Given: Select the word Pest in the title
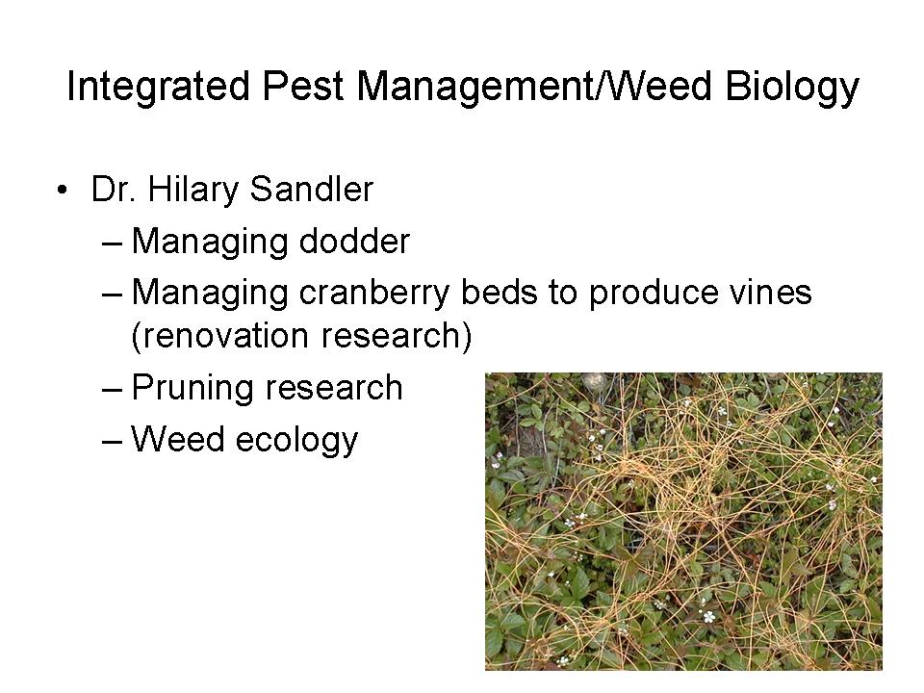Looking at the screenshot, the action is click(303, 86).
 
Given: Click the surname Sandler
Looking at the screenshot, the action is click(312, 190).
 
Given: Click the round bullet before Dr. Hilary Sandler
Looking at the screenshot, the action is click(62, 190).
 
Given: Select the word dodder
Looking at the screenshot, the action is click(354, 241).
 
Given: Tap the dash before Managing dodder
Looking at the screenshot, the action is click(112, 243).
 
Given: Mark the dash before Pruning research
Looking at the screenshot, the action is click(112, 390).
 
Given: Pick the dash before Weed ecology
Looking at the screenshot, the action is click(112, 442).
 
